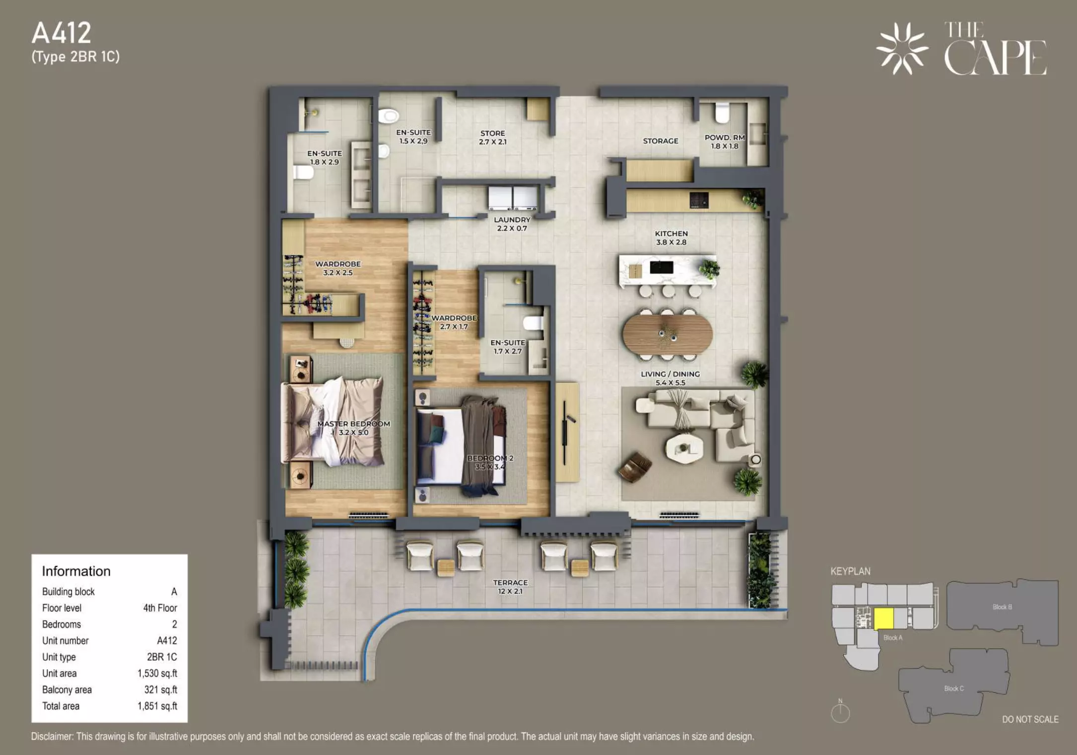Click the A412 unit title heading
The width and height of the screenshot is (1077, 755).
pos(62,33)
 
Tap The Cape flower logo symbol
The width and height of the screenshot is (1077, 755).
pos(902,49)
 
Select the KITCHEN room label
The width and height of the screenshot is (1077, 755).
pos(671,233)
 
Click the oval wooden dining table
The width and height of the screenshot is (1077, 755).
pos(668,334)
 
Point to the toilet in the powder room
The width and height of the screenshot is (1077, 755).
pos(722,113)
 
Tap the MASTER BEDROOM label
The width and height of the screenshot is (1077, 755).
pos(353,424)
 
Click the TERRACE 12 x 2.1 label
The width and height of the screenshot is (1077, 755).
pos(510,587)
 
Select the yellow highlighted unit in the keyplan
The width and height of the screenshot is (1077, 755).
pos(883,618)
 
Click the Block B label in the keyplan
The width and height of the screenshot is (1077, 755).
pos(1002,607)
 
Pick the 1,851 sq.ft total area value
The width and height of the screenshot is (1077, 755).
pos(157,706)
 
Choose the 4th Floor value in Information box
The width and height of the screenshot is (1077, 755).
pos(160,607)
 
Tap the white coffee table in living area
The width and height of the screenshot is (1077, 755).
pos(684,449)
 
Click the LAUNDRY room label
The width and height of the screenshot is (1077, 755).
pos(512,220)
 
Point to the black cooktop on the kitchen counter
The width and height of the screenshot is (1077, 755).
pos(699,200)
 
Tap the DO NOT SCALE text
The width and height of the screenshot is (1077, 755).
pos(1030,719)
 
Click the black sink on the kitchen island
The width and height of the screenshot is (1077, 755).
pos(662,268)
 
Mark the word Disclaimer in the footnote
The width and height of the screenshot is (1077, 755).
pos(52,736)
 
